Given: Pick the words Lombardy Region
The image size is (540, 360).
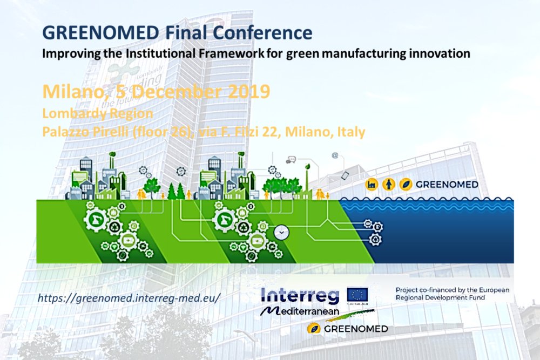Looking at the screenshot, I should (97, 114).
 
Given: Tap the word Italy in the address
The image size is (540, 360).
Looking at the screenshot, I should (352, 131).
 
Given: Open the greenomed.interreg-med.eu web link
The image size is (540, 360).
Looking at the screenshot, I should (130, 298).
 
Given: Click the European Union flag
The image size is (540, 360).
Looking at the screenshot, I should (358, 295).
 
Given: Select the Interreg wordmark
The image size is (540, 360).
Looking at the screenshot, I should (300, 295).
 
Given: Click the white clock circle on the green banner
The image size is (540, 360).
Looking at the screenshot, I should (282, 232).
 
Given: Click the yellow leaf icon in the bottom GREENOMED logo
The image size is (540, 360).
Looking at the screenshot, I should (313, 328).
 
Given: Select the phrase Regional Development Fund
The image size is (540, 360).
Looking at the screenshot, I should (440, 298).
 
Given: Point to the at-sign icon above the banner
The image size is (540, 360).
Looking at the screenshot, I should (335, 155).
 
